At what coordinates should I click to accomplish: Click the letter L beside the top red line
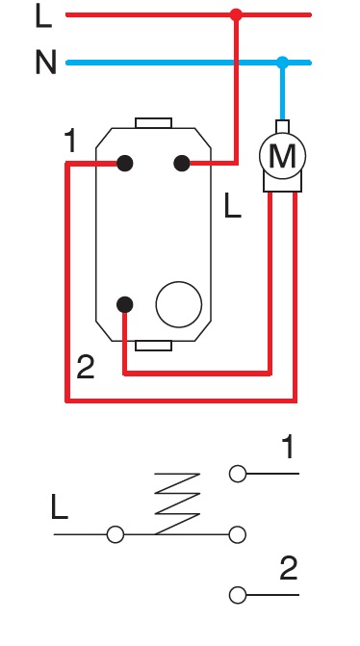pyautogui.click(x=42, y=15)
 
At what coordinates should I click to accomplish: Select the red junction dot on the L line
pyautogui.click(x=237, y=15)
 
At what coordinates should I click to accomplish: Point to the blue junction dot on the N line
pyautogui.click(x=282, y=63)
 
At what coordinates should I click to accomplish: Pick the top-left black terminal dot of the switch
pyautogui.click(x=124, y=164)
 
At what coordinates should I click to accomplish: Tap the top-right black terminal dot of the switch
pyautogui.click(x=181, y=164)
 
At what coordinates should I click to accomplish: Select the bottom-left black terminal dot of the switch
pyautogui.click(x=124, y=304)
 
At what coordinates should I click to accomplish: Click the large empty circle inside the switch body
pyautogui.click(x=178, y=304)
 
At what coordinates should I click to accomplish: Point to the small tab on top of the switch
pyautogui.click(x=153, y=122)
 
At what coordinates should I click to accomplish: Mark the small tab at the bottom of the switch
pyautogui.click(x=153, y=345)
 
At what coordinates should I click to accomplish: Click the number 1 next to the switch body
pyautogui.click(x=70, y=142)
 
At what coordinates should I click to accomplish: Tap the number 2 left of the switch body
pyautogui.click(x=86, y=367)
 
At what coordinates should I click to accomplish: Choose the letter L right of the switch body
pyautogui.click(x=232, y=206)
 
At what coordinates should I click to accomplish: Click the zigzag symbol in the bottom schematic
pyautogui.click(x=177, y=503)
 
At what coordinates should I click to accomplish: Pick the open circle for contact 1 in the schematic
pyautogui.click(x=237, y=473)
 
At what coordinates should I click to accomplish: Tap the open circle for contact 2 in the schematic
pyautogui.click(x=237, y=595)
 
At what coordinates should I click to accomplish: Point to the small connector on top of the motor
pyautogui.click(x=282, y=125)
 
